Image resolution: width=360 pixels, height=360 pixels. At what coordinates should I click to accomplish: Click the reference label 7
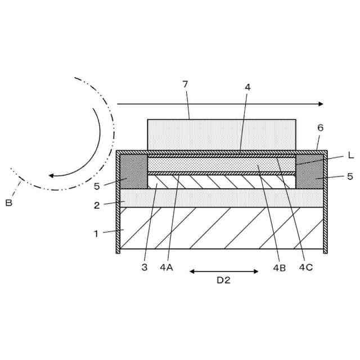coord(185,84)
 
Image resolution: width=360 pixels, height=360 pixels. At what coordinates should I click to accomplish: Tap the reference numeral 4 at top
coord(247,87)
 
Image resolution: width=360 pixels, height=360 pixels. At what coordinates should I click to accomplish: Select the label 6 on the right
coord(321,128)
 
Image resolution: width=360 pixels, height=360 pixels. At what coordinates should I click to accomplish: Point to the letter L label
coord(350,155)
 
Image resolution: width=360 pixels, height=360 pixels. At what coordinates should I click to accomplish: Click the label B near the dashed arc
coord(9,203)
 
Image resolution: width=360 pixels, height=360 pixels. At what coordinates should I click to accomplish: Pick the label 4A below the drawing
coord(166,268)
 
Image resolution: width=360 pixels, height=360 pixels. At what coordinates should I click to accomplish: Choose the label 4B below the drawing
coord(280,268)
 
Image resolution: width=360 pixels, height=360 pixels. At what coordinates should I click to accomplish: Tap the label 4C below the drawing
coord(306,267)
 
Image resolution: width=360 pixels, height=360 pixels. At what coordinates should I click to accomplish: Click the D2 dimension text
coord(223,280)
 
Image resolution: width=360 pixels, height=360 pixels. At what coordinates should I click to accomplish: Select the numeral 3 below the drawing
coord(145,268)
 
